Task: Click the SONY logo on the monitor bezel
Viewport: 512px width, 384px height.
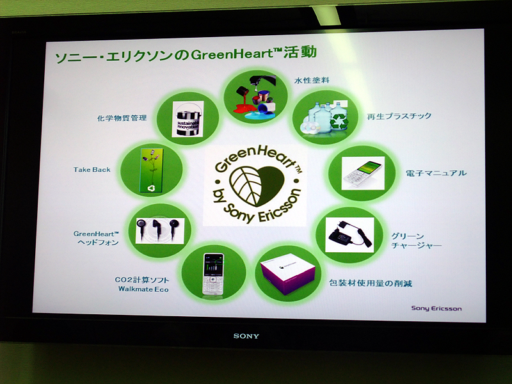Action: point(246,335)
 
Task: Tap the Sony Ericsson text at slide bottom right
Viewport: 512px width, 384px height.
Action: point(436,308)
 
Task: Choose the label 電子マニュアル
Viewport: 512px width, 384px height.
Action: point(436,173)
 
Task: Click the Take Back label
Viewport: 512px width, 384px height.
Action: point(92,170)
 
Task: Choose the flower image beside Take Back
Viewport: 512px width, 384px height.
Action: point(152,170)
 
